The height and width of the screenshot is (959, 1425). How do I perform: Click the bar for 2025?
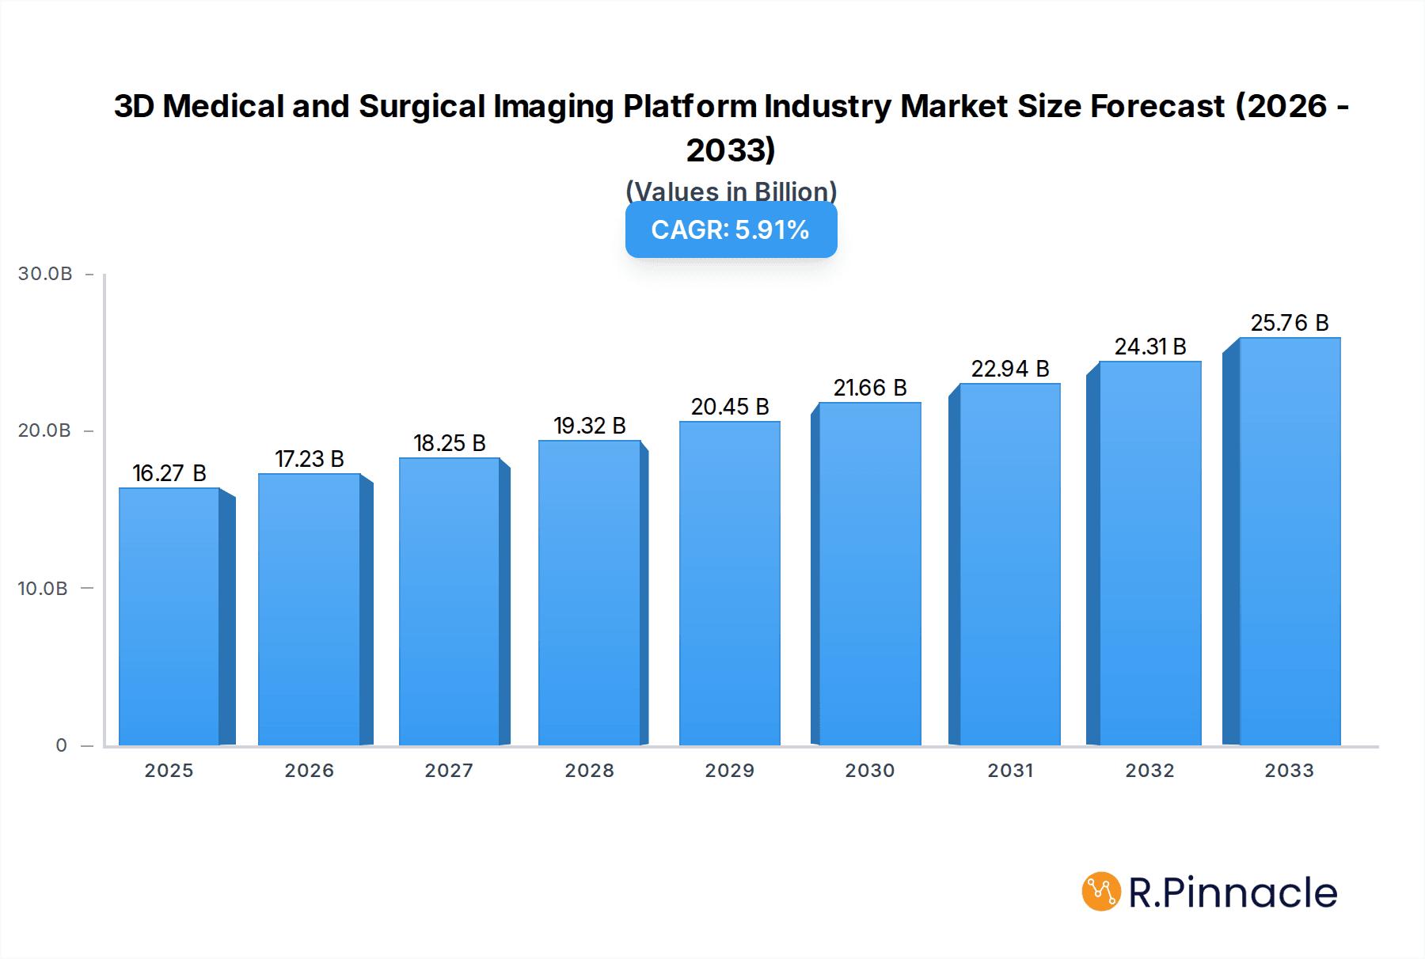169,617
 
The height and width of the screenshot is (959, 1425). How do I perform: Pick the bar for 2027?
450,601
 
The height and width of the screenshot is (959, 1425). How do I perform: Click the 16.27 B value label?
169,473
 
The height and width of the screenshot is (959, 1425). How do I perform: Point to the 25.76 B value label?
1290,323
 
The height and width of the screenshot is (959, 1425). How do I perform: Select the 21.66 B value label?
870,388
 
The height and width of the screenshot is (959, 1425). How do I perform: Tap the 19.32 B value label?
590,426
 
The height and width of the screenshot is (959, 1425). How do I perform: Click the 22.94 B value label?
1010,369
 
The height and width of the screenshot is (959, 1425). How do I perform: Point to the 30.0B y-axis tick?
45,274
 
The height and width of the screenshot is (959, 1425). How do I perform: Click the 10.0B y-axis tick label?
43,589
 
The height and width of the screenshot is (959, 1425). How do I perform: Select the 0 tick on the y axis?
62,745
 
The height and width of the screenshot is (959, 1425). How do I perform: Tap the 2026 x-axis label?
310,771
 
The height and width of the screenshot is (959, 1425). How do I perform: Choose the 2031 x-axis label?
1010,771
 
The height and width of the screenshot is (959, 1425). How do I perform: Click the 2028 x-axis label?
590,771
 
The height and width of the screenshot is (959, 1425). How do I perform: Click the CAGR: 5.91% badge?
731,230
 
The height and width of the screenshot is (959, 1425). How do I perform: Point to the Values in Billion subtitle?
731,191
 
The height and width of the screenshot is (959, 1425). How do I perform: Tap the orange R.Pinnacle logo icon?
1101,892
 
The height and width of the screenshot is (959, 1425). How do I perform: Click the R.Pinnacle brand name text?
1233,893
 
